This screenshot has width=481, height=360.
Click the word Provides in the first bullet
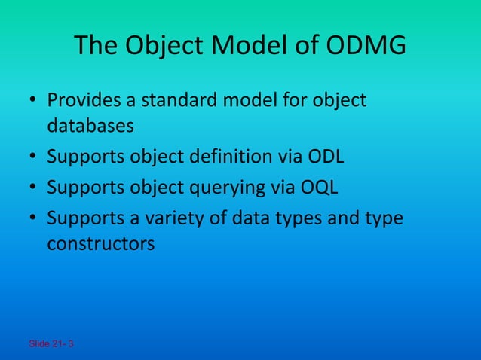coord(80,100)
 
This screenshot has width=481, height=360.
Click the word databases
coord(90,125)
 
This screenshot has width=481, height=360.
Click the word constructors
coord(101,244)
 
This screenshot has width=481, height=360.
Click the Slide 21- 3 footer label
coord(51,344)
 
